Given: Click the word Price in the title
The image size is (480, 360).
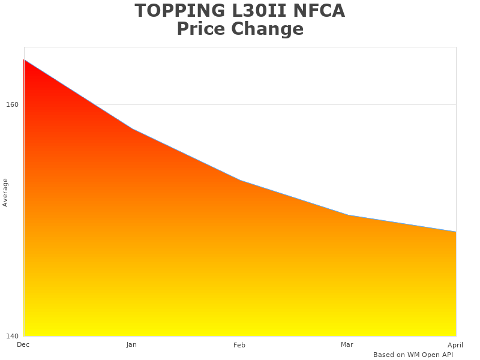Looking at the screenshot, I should click(x=202, y=29).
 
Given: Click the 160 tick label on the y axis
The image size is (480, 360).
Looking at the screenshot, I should click(x=13, y=104).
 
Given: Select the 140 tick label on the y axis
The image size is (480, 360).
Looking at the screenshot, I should click(x=13, y=336).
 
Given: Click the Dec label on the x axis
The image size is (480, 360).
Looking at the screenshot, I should click(x=23, y=344).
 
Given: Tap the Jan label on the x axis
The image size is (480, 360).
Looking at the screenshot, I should click(x=131, y=344).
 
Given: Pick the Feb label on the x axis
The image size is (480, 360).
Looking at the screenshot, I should click(x=239, y=345).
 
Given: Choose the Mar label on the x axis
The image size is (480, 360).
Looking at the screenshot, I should click(x=347, y=344).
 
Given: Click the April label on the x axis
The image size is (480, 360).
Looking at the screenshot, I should click(x=455, y=345).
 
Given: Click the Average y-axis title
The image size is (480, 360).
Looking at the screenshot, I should click(x=5, y=192).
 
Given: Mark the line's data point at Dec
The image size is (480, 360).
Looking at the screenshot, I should click(x=24, y=60).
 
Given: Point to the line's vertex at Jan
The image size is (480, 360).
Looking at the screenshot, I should click(x=132, y=129).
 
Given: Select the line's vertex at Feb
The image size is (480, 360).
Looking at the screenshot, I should click(x=240, y=181).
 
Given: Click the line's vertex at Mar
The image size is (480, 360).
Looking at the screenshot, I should click(x=348, y=215).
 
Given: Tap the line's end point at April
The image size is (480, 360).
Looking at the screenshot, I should click(x=456, y=232).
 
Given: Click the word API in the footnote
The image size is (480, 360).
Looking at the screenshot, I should click(x=446, y=355).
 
